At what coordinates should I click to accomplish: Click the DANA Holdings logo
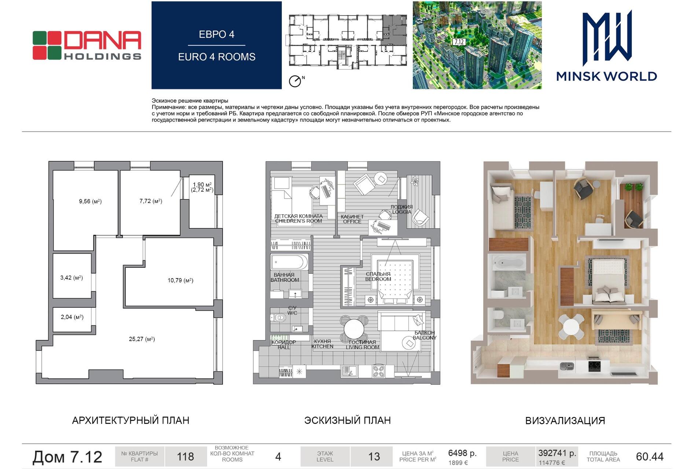(87, 45)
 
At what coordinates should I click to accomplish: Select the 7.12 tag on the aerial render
(459, 42)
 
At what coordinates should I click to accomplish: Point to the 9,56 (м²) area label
(90, 201)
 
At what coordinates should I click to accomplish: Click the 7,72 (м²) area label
(151, 201)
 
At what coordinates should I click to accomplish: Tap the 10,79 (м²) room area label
(180, 280)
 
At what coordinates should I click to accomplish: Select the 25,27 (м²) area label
(142, 339)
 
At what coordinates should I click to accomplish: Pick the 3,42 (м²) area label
(71, 278)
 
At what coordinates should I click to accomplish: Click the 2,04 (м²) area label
(72, 317)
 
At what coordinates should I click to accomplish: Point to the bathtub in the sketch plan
(289, 262)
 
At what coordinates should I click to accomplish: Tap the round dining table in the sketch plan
(354, 328)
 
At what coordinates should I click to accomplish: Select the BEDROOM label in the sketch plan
(378, 279)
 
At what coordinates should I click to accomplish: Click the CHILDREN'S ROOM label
(298, 221)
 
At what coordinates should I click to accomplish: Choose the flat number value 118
(186, 457)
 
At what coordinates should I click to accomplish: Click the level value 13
(374, 457)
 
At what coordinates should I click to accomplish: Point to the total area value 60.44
(650, 457)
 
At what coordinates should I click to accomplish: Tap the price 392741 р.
(557, 453)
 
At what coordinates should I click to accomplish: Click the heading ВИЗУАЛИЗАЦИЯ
(565, 421)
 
